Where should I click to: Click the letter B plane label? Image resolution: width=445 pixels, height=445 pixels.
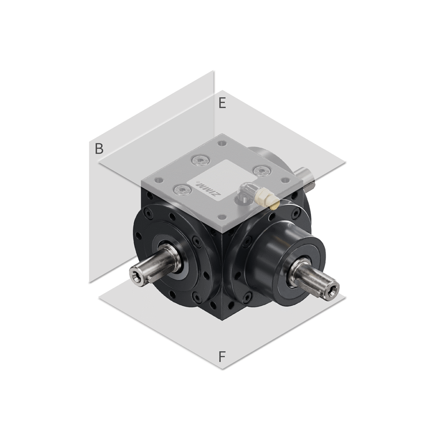[x=99, y=149]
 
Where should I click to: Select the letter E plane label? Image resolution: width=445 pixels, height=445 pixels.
[x=222, y=103]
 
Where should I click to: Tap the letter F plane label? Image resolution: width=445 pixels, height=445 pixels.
[x=222, y=357]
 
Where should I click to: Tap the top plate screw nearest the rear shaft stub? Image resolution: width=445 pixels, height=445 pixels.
[x=261, y=170]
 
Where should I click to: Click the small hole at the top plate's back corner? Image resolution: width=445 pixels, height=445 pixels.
[x=222, y=143]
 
